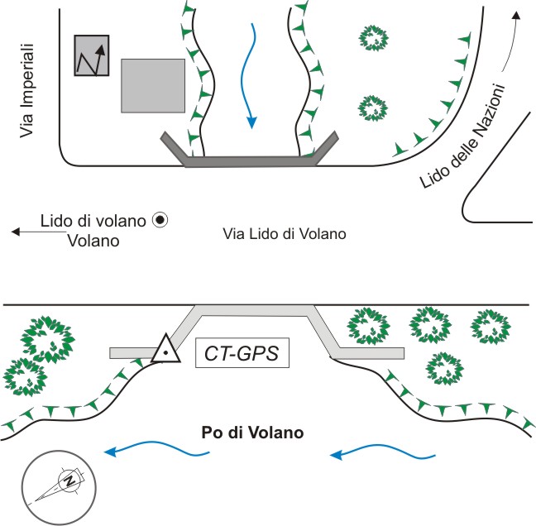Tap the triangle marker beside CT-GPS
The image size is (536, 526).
(165, 351)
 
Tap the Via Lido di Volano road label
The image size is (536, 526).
(283, 235)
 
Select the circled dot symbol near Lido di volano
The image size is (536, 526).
(160, 220)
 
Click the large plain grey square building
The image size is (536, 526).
(153, 84)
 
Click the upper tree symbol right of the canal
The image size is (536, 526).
(373, 36)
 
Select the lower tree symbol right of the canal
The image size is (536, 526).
(373, 107)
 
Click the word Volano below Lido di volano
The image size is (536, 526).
(93, 241)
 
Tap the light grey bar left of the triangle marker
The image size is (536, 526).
(132, 353)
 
